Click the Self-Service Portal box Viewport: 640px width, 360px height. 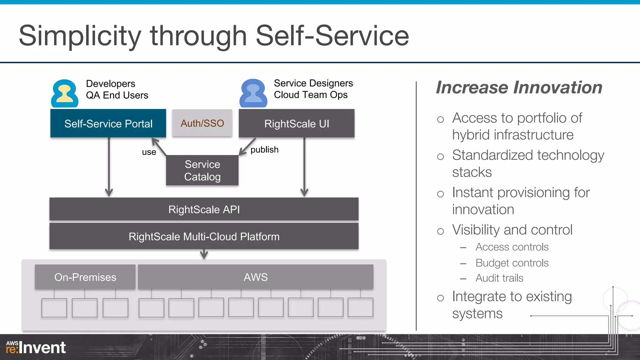(108, 123)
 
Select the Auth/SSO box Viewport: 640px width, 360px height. (202, 123)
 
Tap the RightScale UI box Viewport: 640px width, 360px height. (297, 123)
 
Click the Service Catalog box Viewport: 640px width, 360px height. (202, 170)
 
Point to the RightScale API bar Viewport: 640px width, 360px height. (204, 209)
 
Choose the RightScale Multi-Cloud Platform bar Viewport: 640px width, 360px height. (204, 236)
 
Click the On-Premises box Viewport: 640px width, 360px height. (85, 277)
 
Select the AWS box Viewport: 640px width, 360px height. (256, 277)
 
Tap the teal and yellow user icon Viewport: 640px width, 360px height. (65, 93)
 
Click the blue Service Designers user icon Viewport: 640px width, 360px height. (253, 93)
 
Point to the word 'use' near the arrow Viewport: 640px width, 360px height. (149, 152)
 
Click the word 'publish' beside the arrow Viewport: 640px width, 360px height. (264, 150)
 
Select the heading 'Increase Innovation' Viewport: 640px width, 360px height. (519, 87)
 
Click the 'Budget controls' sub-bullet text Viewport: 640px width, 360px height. (512, 263)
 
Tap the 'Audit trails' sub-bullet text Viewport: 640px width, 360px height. (499, 278)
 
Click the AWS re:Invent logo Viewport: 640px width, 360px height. (36, 347)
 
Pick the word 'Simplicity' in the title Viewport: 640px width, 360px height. (80, 36)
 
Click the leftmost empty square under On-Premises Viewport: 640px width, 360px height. (54, 308)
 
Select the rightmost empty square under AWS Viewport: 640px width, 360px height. (360, 307)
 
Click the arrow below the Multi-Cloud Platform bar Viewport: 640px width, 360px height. (204, 254)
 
